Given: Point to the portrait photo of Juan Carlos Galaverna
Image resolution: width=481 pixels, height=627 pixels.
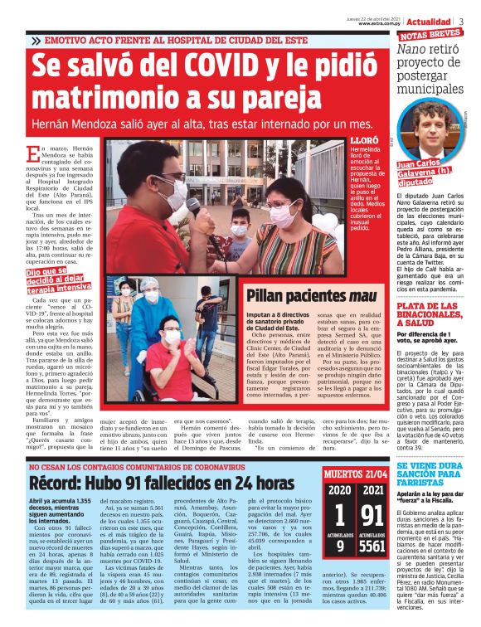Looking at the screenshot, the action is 434,129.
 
